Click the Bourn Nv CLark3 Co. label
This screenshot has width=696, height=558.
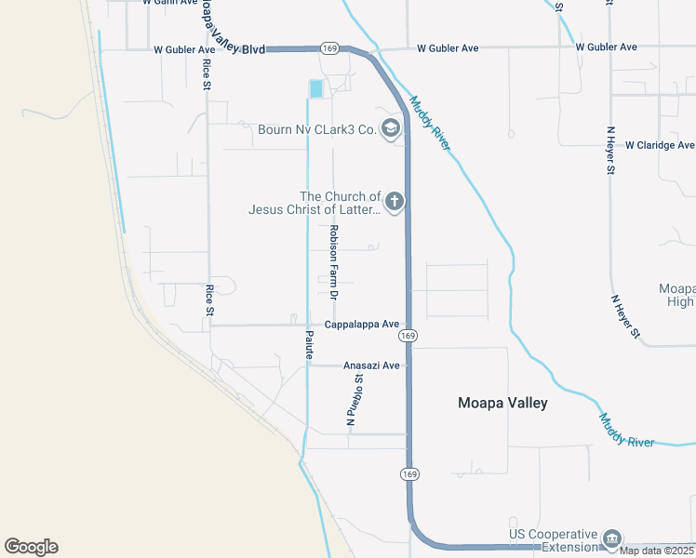pyautogui.click(x=316, y=129)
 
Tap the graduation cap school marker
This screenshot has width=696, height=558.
pyautogui.click(x=392, y=128)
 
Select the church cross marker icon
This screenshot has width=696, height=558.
pyautogui.click(x=395, y=201)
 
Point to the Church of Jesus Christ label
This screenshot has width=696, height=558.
pyautogui.click(x=315, y=203)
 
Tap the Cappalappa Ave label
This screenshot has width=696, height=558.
pyautogui.click(x=361, y=325)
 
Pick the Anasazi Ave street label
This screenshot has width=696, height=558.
pyautogui.click(x=371, y=365)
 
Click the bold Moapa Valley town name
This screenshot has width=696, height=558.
pyautogui.click(x=502, y=403)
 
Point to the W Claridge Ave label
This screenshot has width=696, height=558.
pyautogui.click(x=660, y=145)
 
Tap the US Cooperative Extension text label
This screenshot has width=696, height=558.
pyautogui.click(x=552, y=540)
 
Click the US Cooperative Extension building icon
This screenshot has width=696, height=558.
pyautogui.click(x=612, y=538)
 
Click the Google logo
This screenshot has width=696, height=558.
pyautogui.click(x=31, y=547)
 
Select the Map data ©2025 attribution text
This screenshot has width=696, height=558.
pyautogui.click(x=656, y=551)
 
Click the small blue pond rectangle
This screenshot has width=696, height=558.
pyautogui.click(x=316, y=88)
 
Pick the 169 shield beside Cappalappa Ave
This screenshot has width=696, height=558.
pyautogui.click(x=408, y=335)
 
